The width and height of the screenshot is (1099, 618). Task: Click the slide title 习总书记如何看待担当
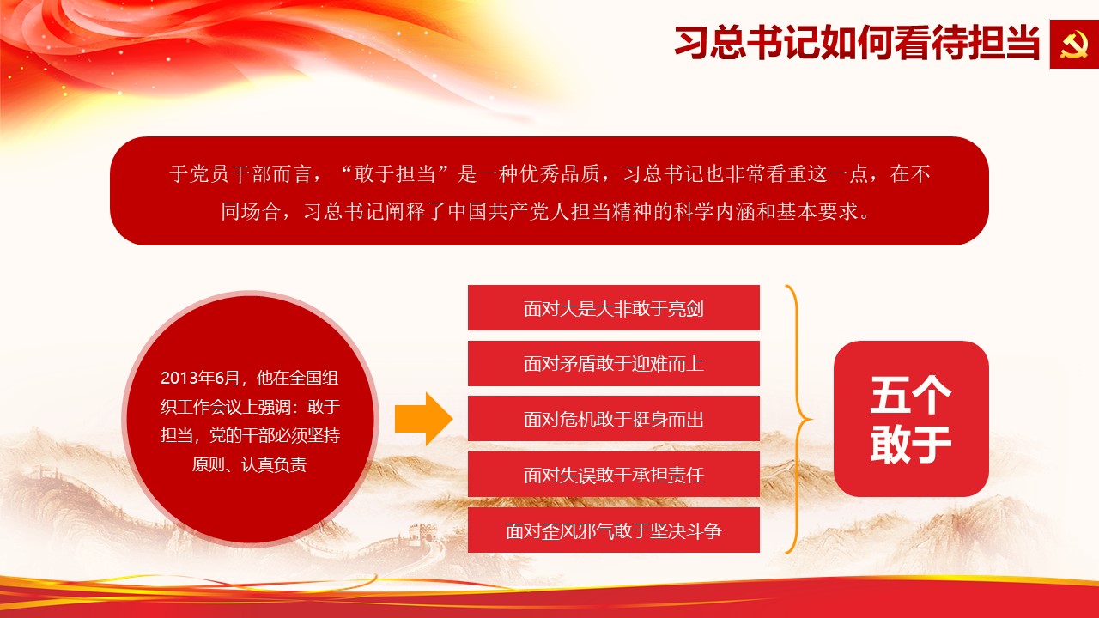[857, 43]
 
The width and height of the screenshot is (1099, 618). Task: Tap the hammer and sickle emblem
[1073, 45]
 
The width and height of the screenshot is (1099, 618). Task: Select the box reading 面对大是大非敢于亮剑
[613, 307]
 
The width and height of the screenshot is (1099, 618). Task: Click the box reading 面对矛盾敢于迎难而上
[613, 363]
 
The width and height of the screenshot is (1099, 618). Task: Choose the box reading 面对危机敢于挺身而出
[613, 419]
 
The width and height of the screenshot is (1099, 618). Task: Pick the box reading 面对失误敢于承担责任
[613, 475]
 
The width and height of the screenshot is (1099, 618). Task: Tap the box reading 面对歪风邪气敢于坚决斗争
[613, 530]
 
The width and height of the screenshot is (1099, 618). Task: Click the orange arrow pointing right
[423, 419]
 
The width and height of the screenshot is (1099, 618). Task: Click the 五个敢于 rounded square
[911, 419]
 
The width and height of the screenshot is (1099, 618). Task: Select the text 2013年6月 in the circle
[199, 379]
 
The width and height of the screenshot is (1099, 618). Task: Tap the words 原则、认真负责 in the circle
[249, 464]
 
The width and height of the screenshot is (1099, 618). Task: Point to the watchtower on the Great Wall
[422, 532]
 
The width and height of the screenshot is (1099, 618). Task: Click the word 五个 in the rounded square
[911, 396]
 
